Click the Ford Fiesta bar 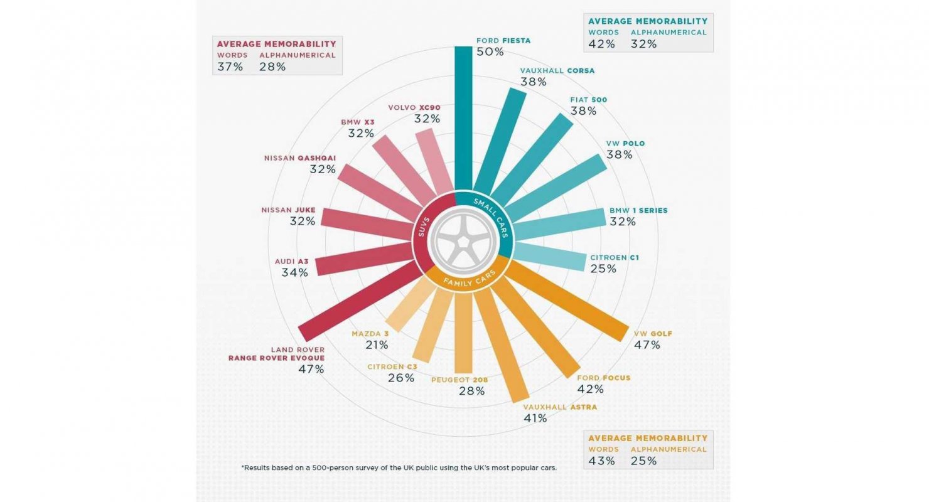pyautogui.click(x=462, y=119)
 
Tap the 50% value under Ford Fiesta pyautogui.click(x=490, y=52)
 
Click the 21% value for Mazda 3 pyautogui.click(x=377, y=344)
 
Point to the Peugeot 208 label pyautogui.click(x=459, y=380)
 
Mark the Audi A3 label pyautogui.click(x=291, y=261)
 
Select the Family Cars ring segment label pyautogui.click(x=469, y=277)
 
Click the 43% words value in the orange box pyautogui.click(x=602, y=461)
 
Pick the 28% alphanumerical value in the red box pyautogui.click(x=272, y=67)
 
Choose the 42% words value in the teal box pyautogui.click(x=601, y=44)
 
